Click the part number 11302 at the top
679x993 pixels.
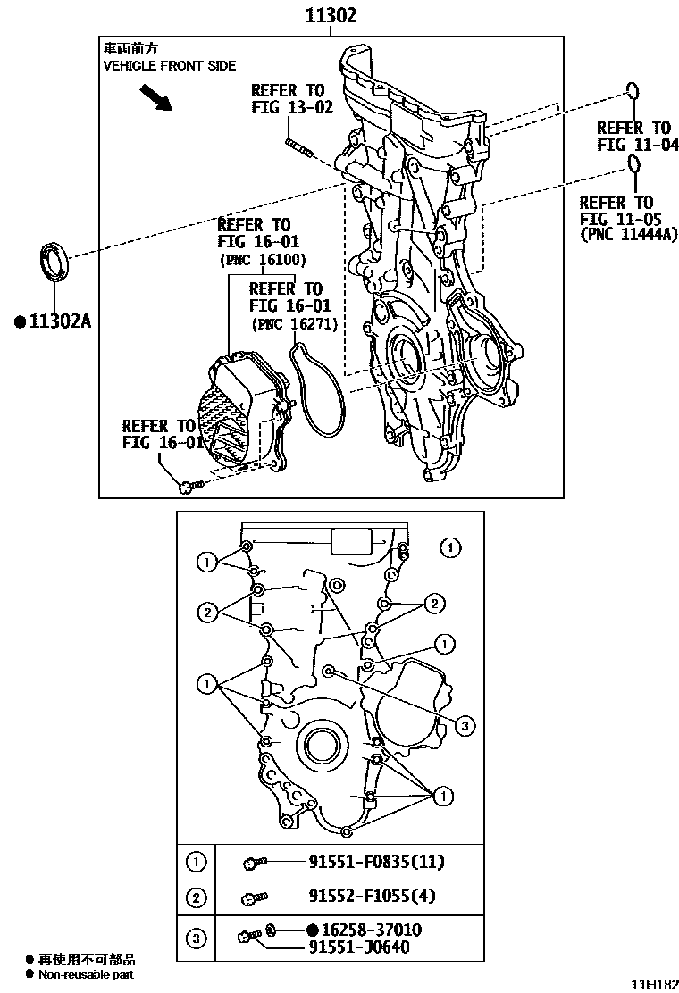pos(331,15)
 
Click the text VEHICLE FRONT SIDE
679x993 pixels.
pos(170,66)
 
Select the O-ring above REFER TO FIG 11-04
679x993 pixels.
pos(632,92)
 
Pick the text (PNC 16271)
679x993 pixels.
pos(294,324)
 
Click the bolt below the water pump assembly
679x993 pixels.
pos(190,485)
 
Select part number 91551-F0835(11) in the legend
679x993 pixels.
pos(376,862)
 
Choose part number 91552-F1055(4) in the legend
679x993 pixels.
pos(373,897)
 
